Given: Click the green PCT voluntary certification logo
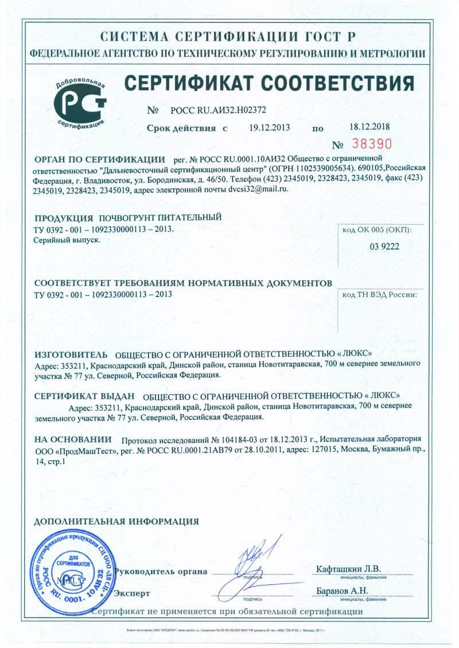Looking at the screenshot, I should pos(81,102).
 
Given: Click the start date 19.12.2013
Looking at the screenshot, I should pos(270,128).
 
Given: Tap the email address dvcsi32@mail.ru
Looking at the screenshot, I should pos(258,189).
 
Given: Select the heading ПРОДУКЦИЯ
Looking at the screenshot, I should pos(64,219).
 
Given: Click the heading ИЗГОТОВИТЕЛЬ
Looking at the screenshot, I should pos(71,353).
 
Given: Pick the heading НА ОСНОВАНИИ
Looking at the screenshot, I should pos(73,439).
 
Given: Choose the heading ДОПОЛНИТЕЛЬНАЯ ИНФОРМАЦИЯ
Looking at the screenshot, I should pos(116,522).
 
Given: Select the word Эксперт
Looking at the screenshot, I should pos(133,593).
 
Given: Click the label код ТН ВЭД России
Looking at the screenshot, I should pos(379,295).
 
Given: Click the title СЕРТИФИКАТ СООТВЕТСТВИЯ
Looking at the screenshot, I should pos(269,84).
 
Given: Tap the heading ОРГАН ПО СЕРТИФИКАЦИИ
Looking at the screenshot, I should pos(100,159).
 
